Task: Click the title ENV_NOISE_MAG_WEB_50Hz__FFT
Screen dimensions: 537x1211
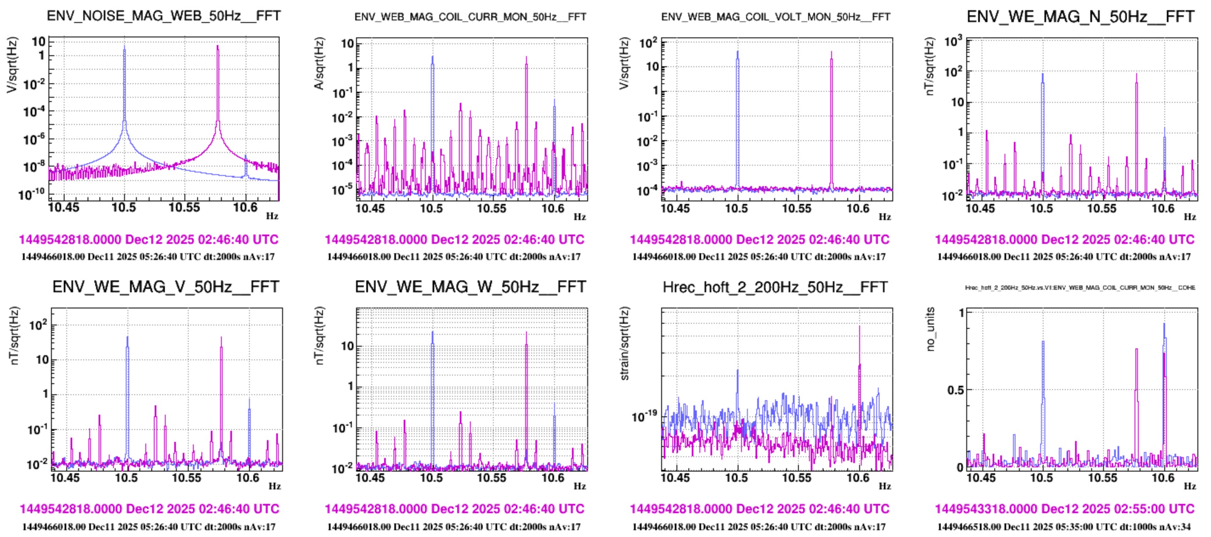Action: coord(164,16)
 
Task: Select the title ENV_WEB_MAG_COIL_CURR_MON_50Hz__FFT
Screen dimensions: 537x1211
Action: coord(470,17)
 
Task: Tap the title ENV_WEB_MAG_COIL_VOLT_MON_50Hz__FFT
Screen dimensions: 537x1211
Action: coord(776,17)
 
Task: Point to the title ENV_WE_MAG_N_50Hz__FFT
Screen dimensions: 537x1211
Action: coord(1080,17)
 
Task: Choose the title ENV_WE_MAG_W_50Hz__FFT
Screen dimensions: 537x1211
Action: coord(470,287)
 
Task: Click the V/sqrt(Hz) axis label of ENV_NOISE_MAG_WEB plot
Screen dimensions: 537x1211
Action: coord(12,65)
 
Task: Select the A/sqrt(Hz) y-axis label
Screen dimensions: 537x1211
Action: coord(319,63)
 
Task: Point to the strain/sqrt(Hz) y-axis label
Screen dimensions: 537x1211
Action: coord(624,343)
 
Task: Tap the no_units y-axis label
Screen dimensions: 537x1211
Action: coord(930,329)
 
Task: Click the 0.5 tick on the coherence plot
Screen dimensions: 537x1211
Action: coord(955,390)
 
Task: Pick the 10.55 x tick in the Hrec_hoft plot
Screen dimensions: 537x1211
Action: coord(797,478)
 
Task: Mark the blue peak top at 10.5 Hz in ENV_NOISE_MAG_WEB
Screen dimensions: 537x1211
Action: coord(124,45)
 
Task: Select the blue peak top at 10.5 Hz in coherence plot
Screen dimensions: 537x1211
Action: coord(1043,342)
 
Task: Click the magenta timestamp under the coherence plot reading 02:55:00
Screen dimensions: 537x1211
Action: coord(1065,509)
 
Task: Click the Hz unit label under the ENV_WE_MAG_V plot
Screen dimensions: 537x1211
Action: coord(274,486)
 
